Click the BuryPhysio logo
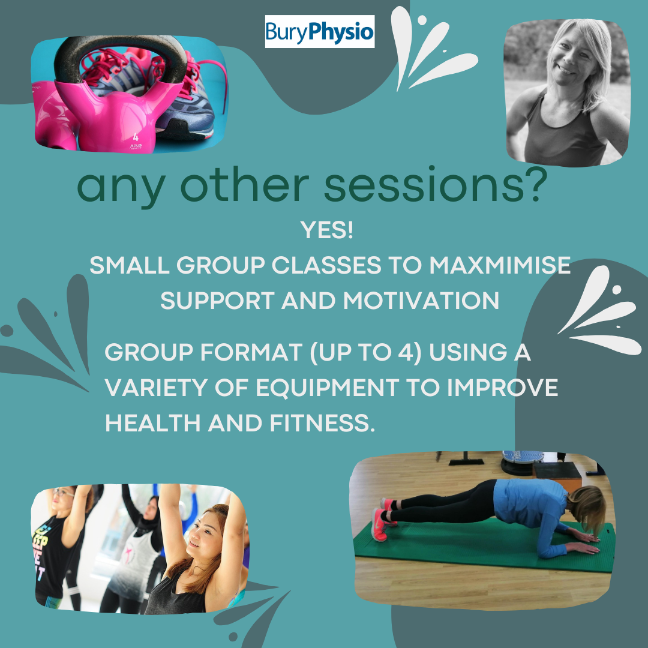319,32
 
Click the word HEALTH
152,422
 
